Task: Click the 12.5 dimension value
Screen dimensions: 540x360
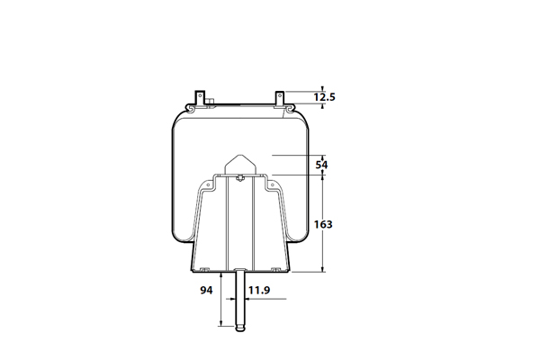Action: (324, 97)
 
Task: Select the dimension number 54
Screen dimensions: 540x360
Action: (321, 165)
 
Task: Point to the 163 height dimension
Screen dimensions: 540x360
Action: (323, 225)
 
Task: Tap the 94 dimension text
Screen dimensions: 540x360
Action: (206, 291)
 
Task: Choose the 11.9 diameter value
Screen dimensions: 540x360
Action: (259, 291)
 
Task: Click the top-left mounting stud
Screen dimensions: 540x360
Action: (200, 98)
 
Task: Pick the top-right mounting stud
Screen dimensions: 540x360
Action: (280, 98)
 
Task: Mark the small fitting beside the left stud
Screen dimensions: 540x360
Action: (210, 102)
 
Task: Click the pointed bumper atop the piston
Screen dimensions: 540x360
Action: (240, 165)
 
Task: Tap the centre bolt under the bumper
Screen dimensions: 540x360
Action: (240, 178)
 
